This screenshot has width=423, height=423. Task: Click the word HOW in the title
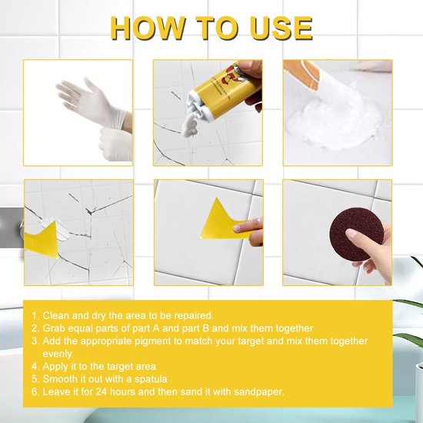coord(148,28)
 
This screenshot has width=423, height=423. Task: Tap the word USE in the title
coord(281,28)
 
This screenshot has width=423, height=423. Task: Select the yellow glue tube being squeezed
coord(227,89)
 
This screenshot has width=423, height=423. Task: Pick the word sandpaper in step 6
coord(258,391)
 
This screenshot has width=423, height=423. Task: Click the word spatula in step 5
coord(151,379)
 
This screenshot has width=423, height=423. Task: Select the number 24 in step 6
coord(102,391)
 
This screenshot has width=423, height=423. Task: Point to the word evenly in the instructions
coord(57,354)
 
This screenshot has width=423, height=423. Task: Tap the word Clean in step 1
coord(55,315)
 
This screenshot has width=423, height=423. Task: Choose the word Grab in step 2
coord(54,328)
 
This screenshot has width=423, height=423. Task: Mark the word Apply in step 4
coord(55,367)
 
